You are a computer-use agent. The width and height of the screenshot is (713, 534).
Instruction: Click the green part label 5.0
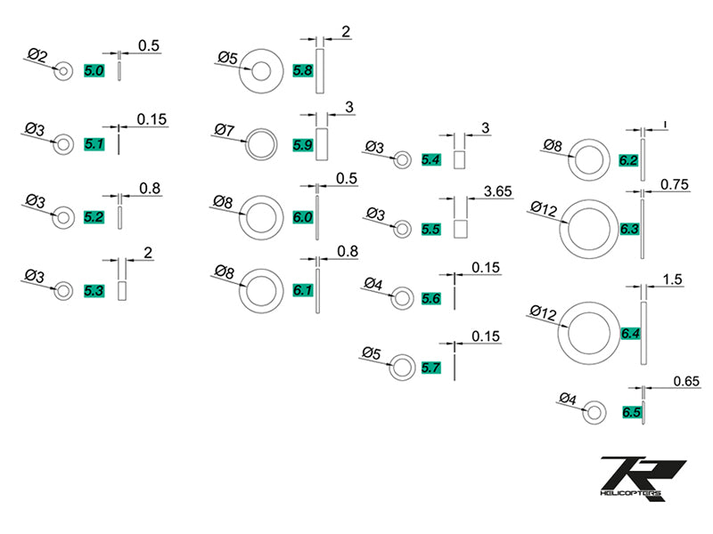94,69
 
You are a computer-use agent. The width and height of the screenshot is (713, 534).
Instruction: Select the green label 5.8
303,69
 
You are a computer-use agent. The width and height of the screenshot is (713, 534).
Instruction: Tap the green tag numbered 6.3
629,229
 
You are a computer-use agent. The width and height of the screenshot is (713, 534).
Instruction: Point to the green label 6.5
633,413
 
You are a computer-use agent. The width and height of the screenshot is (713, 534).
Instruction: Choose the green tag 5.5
431,229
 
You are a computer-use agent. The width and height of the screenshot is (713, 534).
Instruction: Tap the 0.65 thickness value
686,381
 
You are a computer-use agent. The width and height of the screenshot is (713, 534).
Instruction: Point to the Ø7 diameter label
224,131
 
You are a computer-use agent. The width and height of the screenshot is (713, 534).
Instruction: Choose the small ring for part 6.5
594,412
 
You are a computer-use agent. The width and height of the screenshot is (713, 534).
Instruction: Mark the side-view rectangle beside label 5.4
461,160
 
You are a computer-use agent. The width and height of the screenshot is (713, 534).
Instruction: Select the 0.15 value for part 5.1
152,118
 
